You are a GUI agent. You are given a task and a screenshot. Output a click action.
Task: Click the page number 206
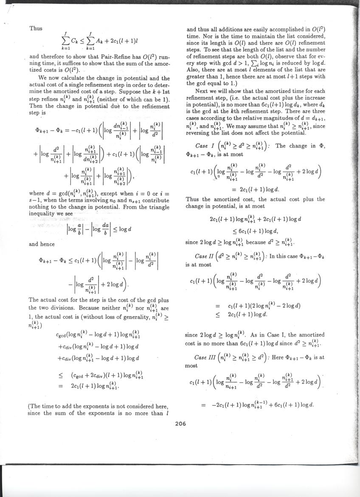(180, 423)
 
